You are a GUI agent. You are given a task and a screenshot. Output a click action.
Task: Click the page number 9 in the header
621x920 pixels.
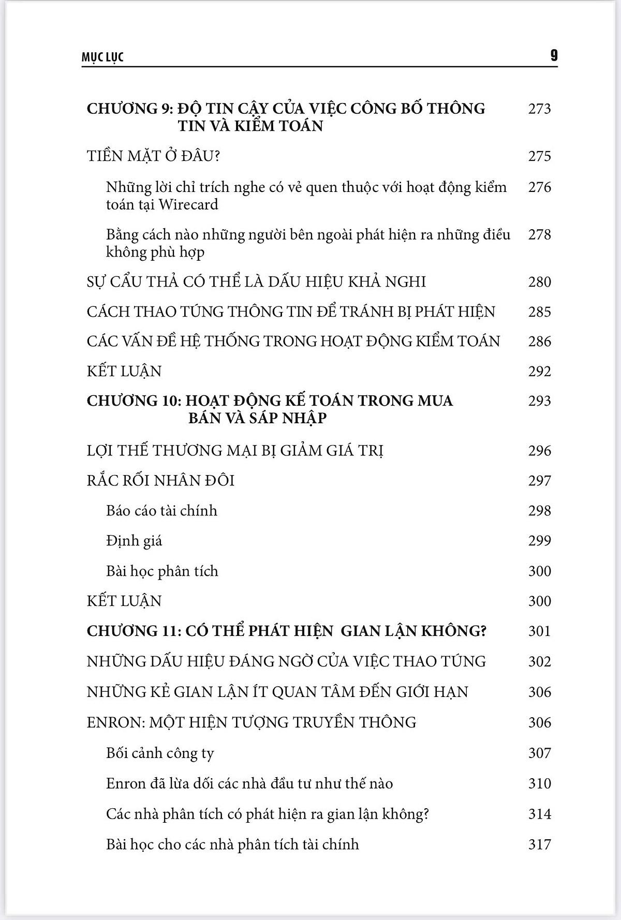554,55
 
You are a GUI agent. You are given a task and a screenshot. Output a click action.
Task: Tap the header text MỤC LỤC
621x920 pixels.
102,57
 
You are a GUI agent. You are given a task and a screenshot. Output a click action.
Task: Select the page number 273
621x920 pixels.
539,109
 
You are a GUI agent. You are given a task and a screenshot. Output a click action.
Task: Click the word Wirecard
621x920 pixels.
188,204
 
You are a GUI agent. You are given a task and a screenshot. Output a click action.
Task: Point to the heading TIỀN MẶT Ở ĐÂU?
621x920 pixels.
153,156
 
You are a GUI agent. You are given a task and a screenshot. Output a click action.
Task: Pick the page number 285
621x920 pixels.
539,311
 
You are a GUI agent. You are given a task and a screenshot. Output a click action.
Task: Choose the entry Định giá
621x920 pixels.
134,541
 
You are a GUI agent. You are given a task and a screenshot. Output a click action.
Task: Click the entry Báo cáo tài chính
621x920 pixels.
161,511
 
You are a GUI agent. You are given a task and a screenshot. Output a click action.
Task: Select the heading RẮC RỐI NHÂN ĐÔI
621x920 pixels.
160,481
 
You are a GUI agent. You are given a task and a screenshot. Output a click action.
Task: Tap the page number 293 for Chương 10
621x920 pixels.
539,401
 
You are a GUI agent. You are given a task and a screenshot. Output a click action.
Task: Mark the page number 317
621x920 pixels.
539,844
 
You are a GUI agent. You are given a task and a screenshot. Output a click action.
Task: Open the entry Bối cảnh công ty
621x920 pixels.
160,753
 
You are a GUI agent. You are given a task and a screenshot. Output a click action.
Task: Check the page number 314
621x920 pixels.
539,814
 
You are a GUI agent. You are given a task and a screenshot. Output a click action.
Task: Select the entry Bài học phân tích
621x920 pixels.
162,571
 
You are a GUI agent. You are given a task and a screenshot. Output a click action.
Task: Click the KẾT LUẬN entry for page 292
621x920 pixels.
124,371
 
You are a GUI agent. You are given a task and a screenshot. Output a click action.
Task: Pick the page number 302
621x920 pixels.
539,661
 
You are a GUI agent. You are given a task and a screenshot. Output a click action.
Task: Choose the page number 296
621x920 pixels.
539,451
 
